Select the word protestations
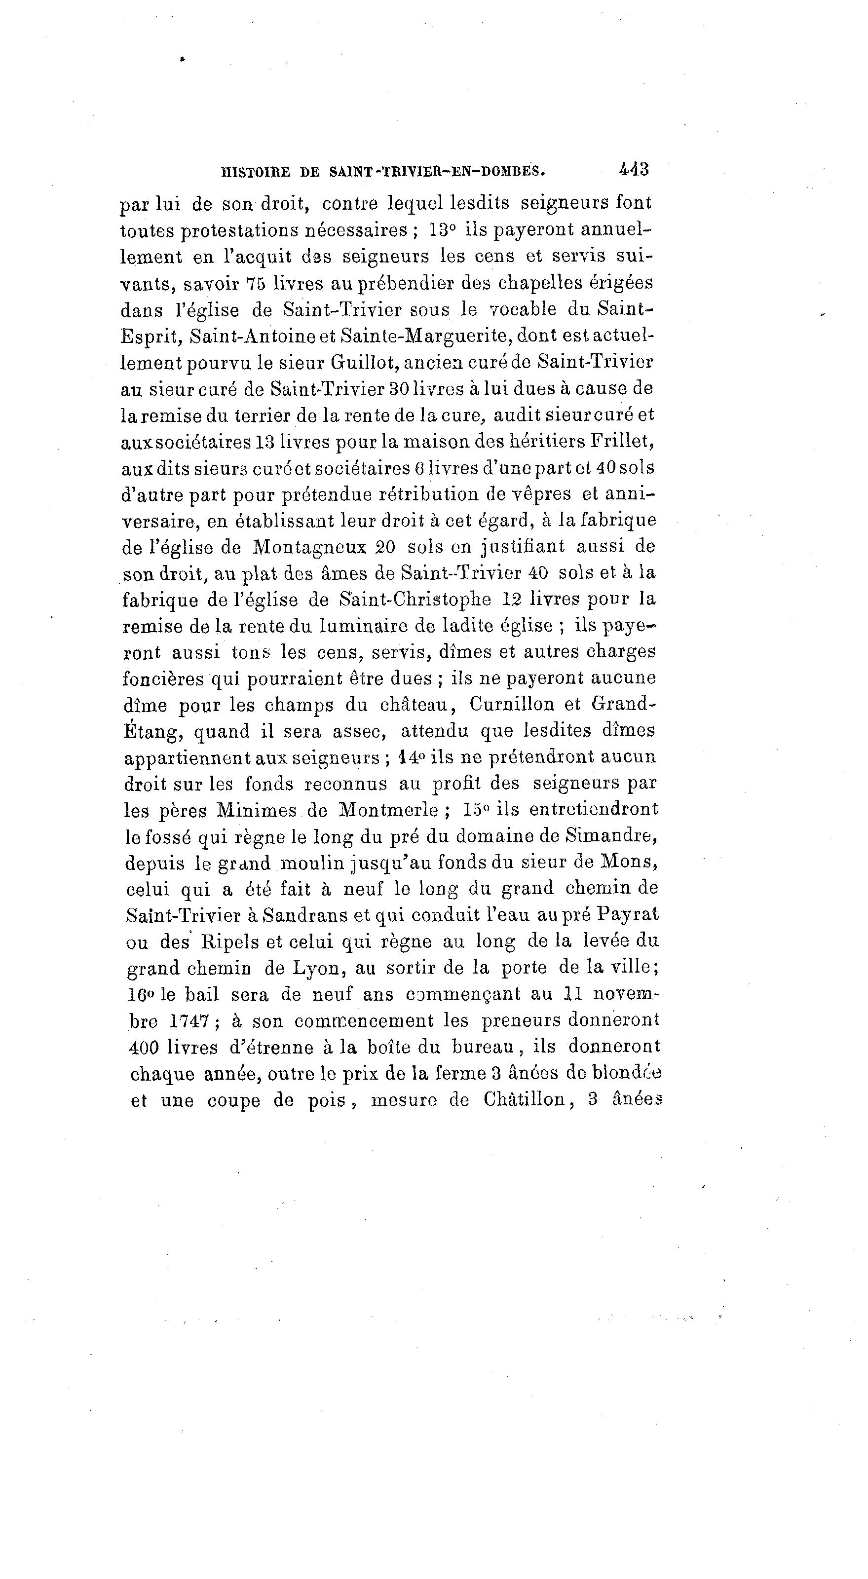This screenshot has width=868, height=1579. (x=231, y=231)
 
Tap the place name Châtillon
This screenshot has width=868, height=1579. (x=524, y=1100)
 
